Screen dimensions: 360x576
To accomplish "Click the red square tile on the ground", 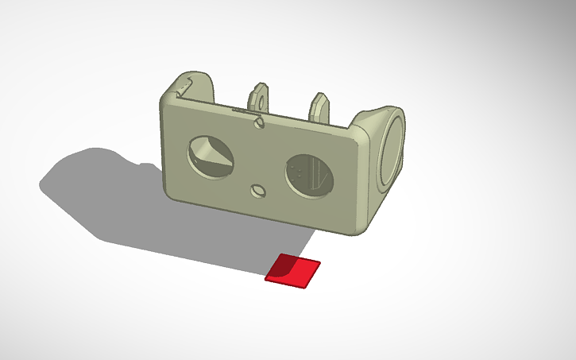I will coord(293,270).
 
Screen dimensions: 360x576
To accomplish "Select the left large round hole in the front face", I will coord(210,157).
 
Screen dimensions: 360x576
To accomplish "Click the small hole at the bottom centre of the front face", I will coord(258,191).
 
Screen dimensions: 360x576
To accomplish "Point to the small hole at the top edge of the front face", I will coord(259,122).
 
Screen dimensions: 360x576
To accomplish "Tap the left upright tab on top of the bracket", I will coord(259,99).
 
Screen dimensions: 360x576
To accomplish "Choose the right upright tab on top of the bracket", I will coord(320,106).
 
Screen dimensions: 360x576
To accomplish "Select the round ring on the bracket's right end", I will coord(392,151).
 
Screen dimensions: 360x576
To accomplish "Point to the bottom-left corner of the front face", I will coord(172,191).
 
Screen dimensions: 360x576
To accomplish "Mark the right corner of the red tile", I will coord(319,262).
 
